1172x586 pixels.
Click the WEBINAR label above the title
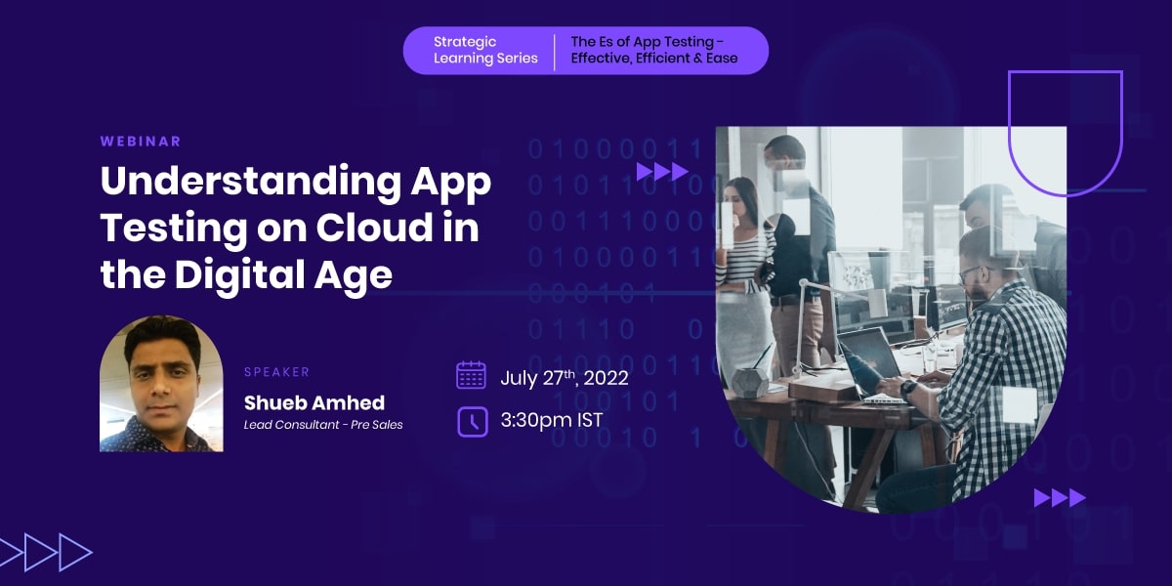tap(141, 142)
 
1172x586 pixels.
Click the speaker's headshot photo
tap(161, 384)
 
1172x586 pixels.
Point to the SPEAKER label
tap(276, 372)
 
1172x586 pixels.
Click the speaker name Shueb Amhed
tap(314, 402)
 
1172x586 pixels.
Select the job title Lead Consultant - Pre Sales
tap(323, 424)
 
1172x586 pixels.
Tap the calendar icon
tap(472, 375)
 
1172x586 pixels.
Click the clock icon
tap(473, 422)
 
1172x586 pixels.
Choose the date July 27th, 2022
tap(565, 378)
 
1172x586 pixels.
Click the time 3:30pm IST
tap(552, 420)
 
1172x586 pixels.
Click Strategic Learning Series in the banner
tap(485, 50)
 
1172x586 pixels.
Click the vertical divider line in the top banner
tap(555, 52)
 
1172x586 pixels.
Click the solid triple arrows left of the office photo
tap(662, 172)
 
